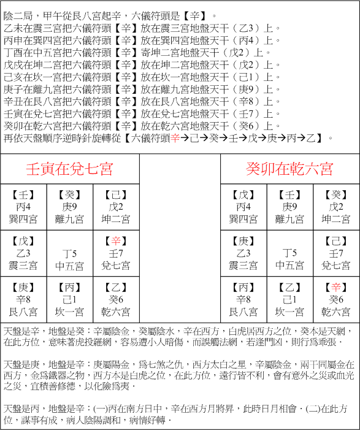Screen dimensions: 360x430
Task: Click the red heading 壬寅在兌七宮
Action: (x=69, y=168)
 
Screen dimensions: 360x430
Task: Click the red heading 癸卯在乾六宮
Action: (x=289, y=168)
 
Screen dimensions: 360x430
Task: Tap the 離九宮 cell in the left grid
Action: (x=69, y=207)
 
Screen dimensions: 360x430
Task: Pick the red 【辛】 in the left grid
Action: (x=115, y=241)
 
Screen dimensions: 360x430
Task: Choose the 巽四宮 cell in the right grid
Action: (x=243, y=207)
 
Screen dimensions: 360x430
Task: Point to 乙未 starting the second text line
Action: (x=12, y=28)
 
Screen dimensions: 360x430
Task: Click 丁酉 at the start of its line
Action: (x=12, y=52)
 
